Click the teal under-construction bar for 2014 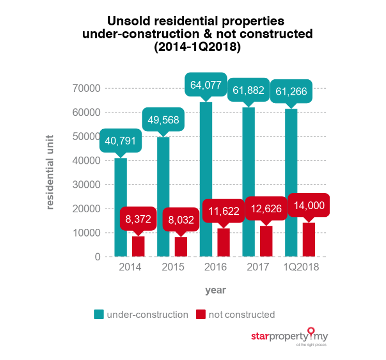coord(120,207)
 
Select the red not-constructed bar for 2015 coord(181,246)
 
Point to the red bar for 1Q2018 coord(309,240)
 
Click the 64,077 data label coord(206,85)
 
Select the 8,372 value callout coord(138,219)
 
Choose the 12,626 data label coord(266,209)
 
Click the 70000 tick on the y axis coord(84,89)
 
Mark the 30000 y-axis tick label coord(84,185)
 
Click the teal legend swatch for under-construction coord(98,314)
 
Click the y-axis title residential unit coord(50,173)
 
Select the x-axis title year coord(214,289)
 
